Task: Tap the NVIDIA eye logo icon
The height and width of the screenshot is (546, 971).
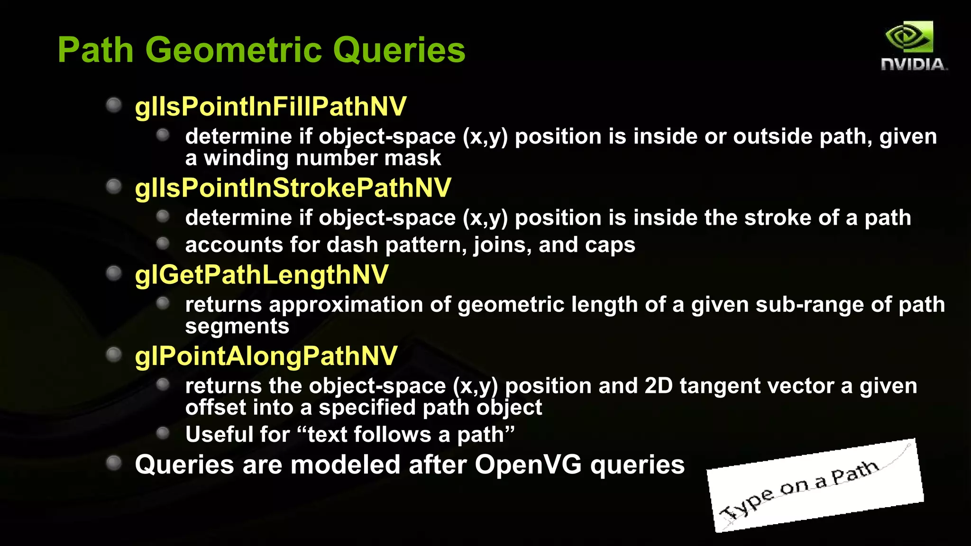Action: tap(909, 37)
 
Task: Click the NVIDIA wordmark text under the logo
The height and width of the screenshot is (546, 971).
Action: tap(913, 64)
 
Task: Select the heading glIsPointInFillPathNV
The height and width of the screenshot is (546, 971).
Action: tap(270, 107)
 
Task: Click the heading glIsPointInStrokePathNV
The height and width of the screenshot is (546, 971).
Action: tap(293, 188)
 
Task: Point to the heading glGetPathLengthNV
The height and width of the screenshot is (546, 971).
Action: tap(261, 275)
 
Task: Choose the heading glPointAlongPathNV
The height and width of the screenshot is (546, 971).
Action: tap(266, 356)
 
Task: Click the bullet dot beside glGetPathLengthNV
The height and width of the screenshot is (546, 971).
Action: tap(114, 273)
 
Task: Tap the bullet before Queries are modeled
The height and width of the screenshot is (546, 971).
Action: tap(114, 463)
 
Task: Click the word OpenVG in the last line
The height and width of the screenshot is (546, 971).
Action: tap(528, 464)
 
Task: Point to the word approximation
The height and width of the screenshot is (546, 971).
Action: tap(345, 305)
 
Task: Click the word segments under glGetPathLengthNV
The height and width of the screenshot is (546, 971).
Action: tap(237, 327)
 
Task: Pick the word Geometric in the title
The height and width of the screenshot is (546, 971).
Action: tap(233, 50)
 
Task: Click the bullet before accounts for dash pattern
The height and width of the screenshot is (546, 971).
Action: tap(163, 244)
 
